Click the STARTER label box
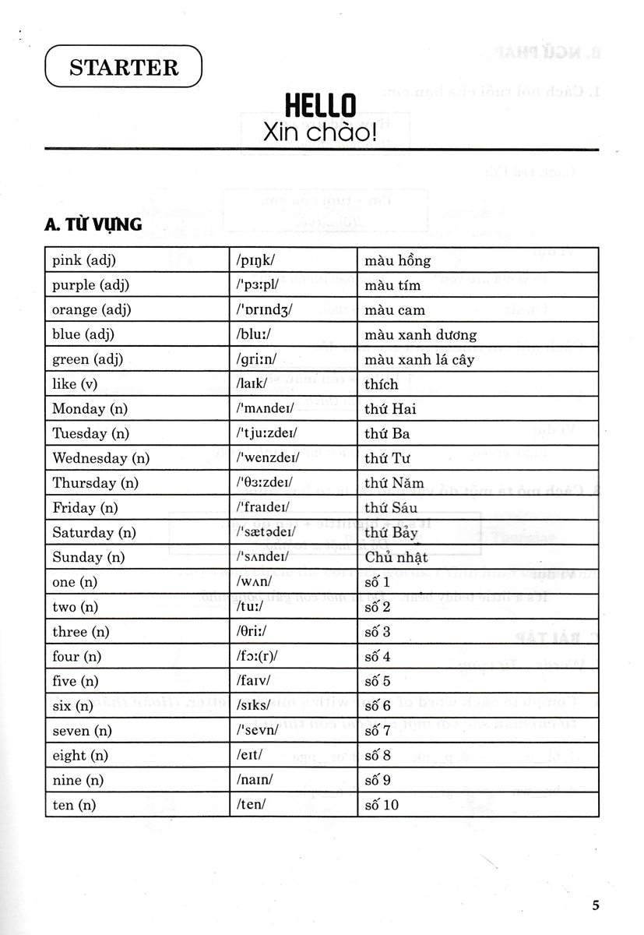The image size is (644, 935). click(x=124, y=66)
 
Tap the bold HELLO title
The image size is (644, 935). click(x=319, y=105)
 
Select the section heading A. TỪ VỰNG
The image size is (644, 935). click(x=93, y=224)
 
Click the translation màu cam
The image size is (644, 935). click(x=394, y=310)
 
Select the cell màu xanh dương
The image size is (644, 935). click(x=420, y=335)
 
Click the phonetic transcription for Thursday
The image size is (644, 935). click(x=264, y=483)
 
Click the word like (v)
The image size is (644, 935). click(x=75, y=384)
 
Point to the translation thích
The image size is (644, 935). click(x=381, y=384)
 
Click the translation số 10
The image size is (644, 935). click(x=381, y=805)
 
